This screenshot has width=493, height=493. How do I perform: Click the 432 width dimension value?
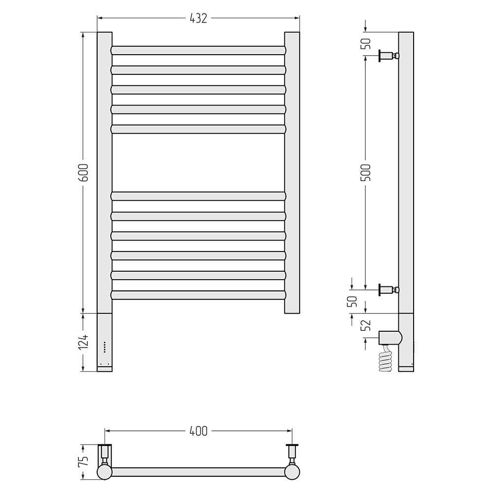(198, 18)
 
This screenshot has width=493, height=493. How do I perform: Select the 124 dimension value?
(83, 342)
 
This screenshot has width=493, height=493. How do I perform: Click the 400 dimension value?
(198, 431)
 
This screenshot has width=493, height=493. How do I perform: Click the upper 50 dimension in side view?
(367, 43)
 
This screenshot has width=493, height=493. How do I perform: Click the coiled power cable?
(387, 358)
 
